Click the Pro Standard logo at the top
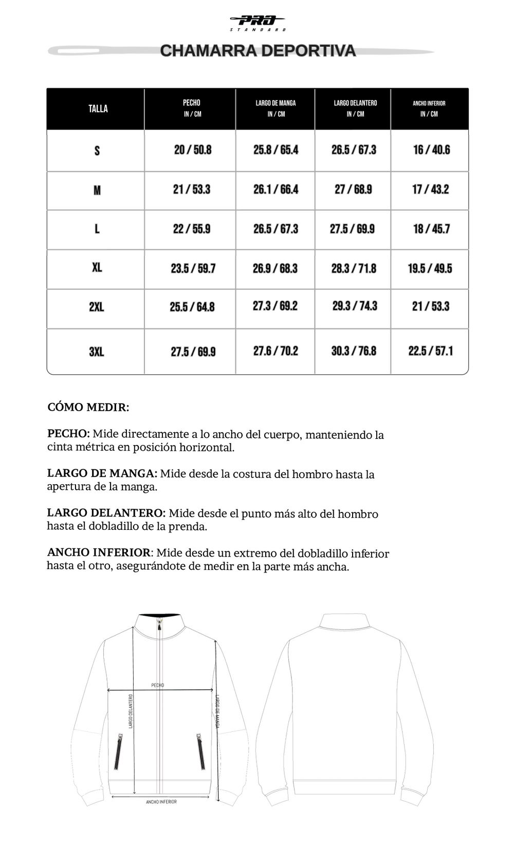coord(258,23)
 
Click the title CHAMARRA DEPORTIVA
coord(258,51)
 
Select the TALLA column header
coord(98,108)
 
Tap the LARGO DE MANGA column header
coord(276,108)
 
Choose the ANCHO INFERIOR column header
coord(429,108)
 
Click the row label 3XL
coord(97,352)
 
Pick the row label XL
coord(97,268)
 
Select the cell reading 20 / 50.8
coord(193,150)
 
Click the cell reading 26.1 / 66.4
coord(276,190)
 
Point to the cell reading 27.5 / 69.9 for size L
coord(352,229)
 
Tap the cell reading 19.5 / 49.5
coord(430,268)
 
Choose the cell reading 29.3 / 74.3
coord(354,306)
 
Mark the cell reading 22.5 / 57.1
coord(430,351)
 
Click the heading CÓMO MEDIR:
coord(88,408)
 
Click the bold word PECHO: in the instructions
coord(68,434)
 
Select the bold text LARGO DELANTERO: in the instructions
coord(106,513)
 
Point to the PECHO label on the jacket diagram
coord(158,685)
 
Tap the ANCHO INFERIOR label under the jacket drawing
coord(161,802)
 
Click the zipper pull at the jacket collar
coord(159,627)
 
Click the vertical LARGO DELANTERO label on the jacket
coord(131,711)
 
